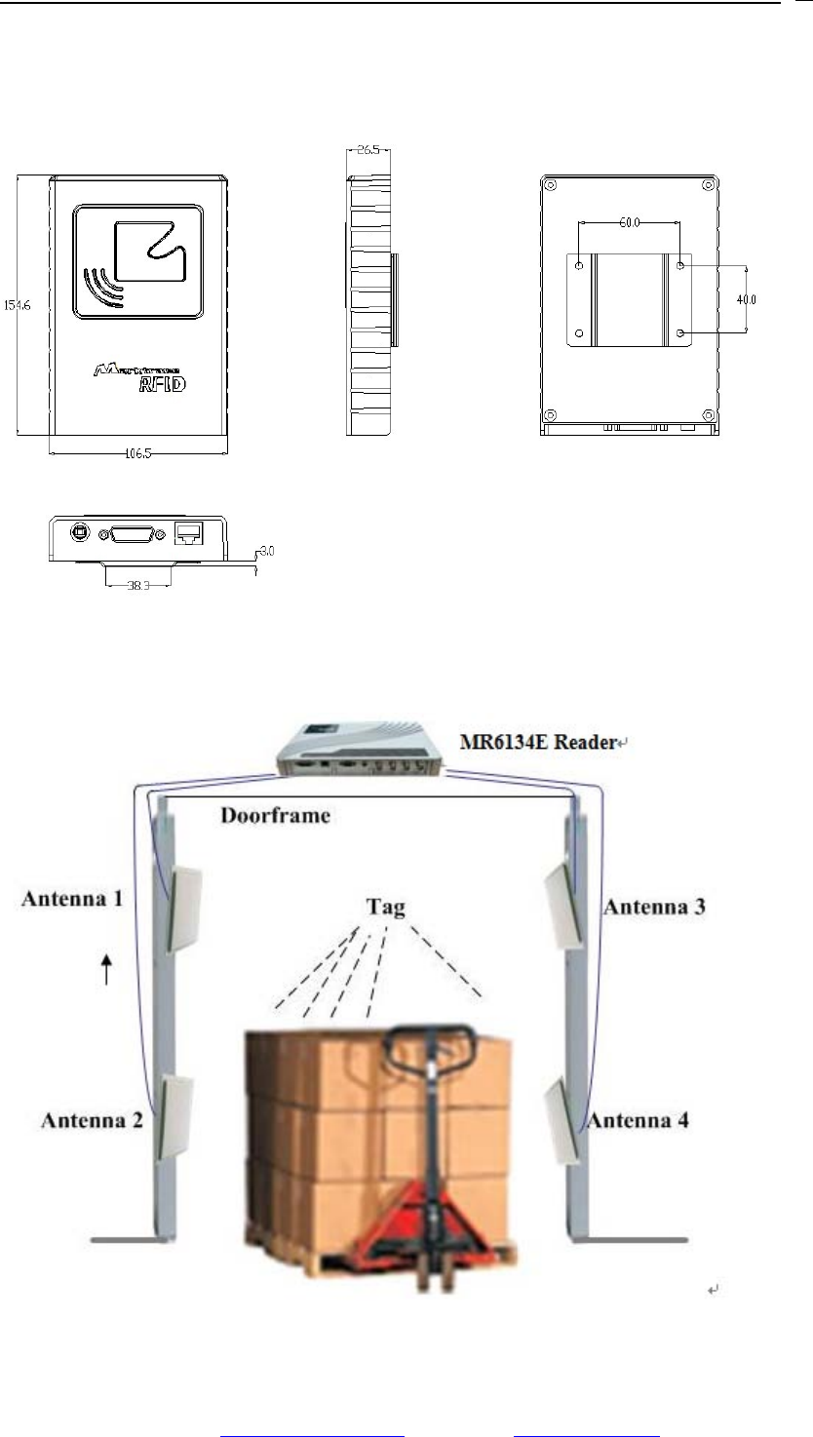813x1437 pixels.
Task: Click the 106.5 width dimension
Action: tap(138, 452)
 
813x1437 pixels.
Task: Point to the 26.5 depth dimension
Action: tap(368, 151)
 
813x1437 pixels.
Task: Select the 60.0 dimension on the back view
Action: tap(629, 223)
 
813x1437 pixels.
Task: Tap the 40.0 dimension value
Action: tap(746, 299)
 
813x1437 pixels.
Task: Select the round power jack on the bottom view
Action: tap(77, 532)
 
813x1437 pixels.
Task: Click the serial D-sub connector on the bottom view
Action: tap(135, 533)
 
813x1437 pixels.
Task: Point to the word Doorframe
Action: tap(274, 815)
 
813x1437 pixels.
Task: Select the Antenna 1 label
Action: tap(72, 898)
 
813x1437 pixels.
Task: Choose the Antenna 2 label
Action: tap(92, 1120)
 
